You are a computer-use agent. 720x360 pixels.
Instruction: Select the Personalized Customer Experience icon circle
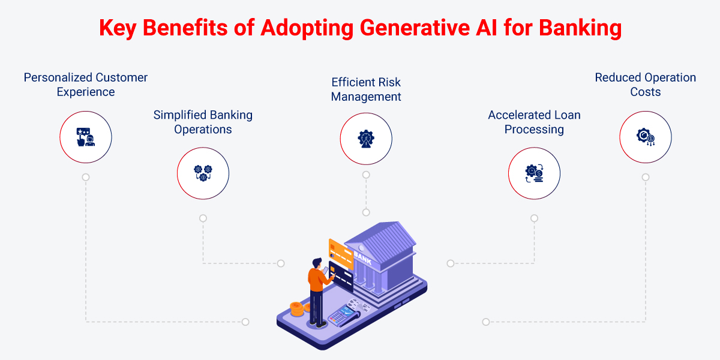point(86,137)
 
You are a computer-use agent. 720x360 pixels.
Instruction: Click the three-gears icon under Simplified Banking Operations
point(203,173)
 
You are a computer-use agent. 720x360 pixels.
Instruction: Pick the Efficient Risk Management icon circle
point(366,139)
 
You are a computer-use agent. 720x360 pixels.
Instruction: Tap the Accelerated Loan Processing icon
point(534,173)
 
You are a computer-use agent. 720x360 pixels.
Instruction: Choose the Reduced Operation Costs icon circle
point(646,137)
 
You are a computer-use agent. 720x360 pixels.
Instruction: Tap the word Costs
point(646,92)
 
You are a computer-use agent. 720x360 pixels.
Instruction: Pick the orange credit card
point(340,252)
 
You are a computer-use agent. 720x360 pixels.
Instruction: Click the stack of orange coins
point(296,309)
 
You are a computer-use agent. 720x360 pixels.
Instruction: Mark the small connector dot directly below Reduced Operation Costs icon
point(646,177)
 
